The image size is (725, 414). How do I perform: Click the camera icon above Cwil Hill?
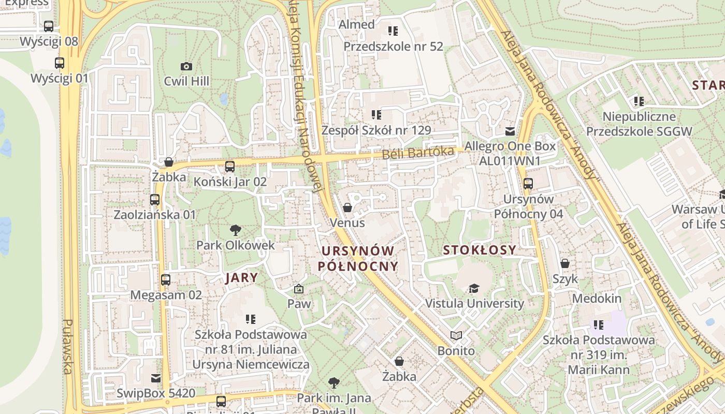click(x=186, y=66)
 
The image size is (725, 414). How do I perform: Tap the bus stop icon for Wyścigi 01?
click(x=60, y=63)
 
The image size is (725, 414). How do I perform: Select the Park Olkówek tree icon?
click(x=236, y=230)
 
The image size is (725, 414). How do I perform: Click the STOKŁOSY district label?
click(x=480, y=250)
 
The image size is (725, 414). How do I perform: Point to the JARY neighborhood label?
click(x=241, y=277)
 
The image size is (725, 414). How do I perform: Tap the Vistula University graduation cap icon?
click(x=474, y=288)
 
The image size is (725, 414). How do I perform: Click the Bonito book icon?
click(x=456, y=336)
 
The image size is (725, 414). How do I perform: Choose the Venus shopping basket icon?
click(x=347, y=208)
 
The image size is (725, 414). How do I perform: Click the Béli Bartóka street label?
click(x=417, y=153)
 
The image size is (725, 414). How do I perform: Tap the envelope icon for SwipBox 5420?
click(x=155, y=378)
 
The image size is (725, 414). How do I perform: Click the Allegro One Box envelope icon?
click(x=510, y=131)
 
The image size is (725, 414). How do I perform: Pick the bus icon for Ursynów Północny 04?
click(x=528, y=184)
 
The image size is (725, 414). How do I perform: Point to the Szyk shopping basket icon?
click(x=565, y=263)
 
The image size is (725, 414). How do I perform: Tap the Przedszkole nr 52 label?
click(x=393, y=47)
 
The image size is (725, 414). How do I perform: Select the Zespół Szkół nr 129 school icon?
click(x=376, y=115)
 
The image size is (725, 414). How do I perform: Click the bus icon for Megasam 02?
click(x=166, y=280)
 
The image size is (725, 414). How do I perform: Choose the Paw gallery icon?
click(x=298, y=289)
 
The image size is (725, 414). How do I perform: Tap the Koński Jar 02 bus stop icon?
click(x=230, y=167)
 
